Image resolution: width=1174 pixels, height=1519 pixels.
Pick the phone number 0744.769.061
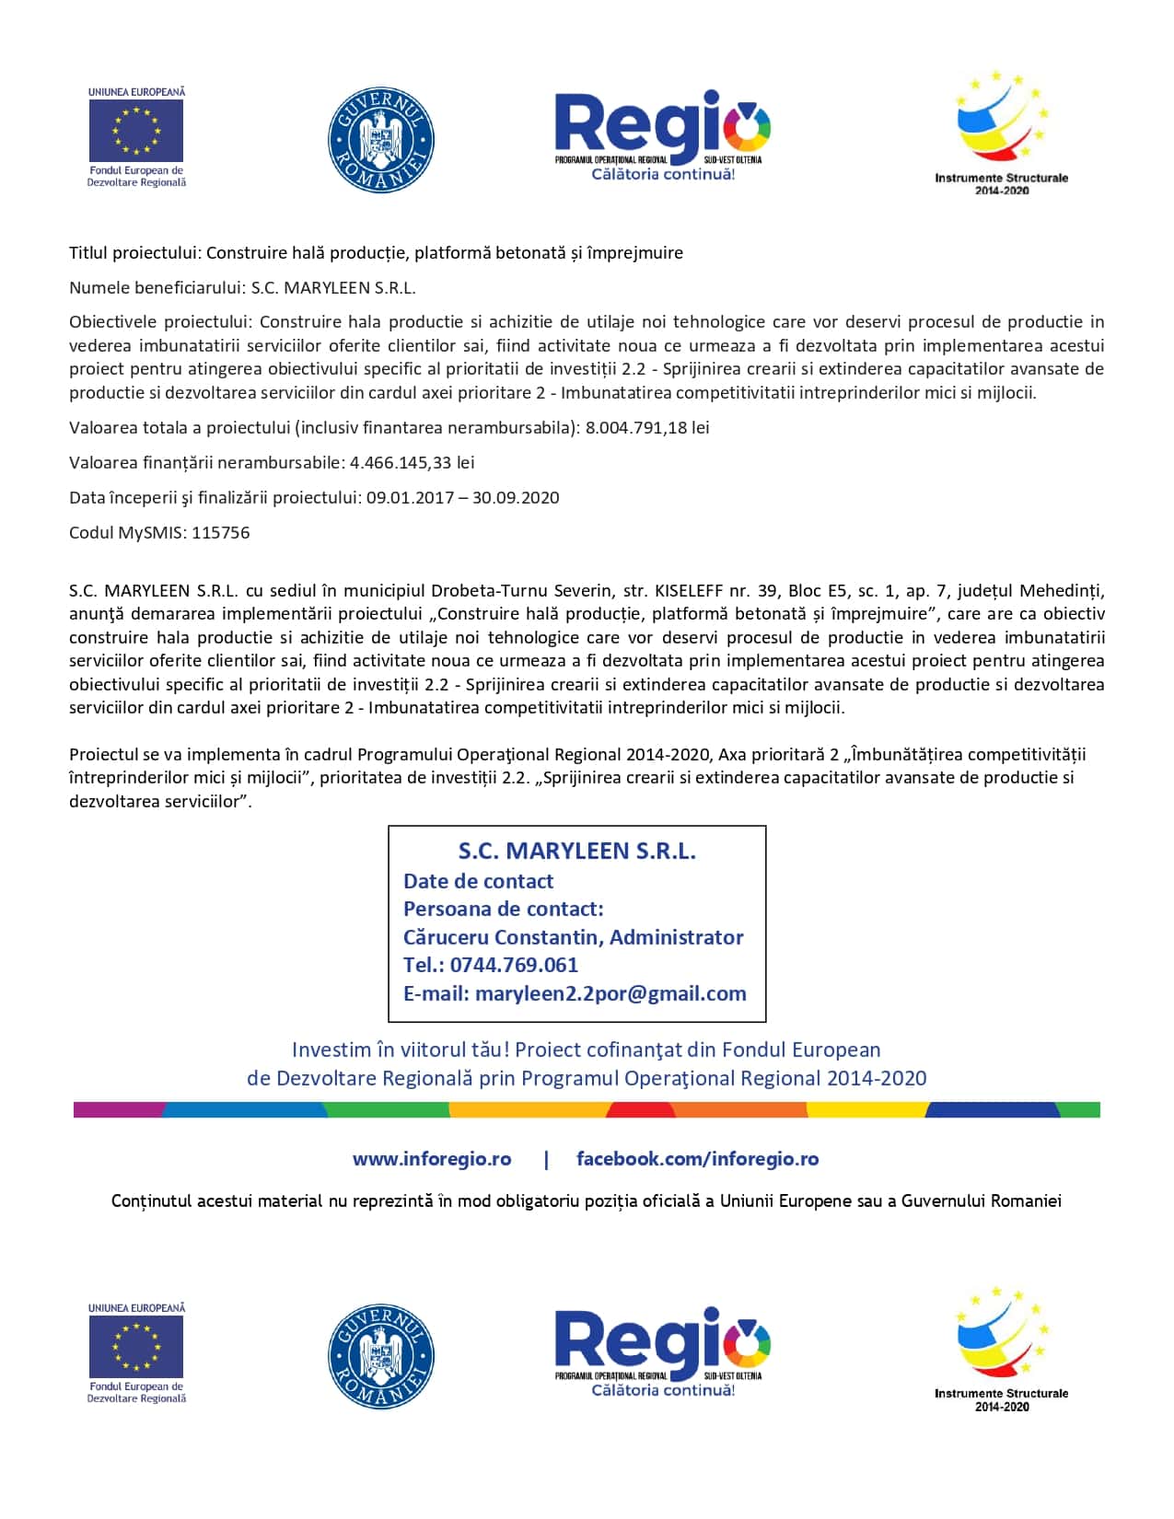[514, 966]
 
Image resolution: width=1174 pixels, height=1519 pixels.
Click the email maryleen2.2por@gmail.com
[610, 994]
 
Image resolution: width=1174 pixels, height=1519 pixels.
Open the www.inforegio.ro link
[431, 1159]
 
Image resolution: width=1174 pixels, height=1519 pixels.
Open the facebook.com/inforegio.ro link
[697, 1159]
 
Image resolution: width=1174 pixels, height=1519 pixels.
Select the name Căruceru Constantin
[501, 937]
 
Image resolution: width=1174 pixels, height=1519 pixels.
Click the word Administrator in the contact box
[677, 937]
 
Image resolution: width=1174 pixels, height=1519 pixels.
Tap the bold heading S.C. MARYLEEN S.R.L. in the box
[577, 852]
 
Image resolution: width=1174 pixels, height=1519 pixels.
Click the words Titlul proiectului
[134, 253]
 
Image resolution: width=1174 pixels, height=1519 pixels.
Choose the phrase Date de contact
[478, 881]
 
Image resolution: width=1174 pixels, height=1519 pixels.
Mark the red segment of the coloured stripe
[640, 1110]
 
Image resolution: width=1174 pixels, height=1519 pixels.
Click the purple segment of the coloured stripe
[118, 1110]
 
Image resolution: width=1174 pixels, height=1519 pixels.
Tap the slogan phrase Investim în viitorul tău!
[400, 1050]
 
